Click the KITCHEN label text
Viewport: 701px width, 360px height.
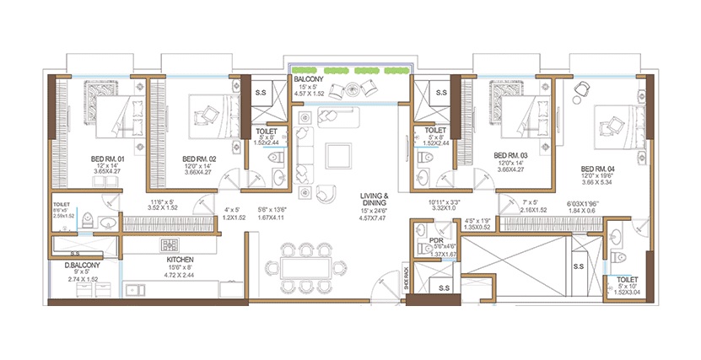coord(180,259)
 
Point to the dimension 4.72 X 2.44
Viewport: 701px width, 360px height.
coord(180,275)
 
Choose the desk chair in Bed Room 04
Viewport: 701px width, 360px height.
coord(581,89)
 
